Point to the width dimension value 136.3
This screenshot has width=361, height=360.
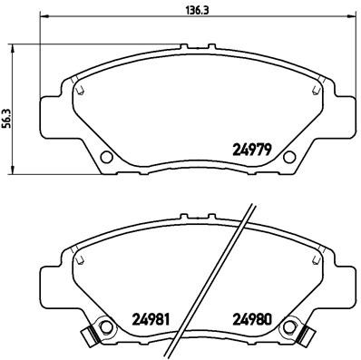click(182, 11)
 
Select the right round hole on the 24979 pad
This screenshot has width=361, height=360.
click(290, 157)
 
